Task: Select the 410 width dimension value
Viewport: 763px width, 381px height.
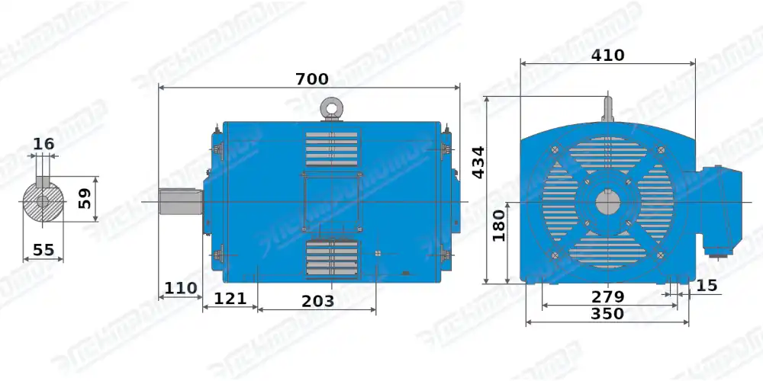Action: point(608,55)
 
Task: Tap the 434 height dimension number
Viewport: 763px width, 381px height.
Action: point(478,162)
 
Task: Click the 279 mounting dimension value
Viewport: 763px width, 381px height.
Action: point(608,296)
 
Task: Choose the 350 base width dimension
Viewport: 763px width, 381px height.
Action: point(607,313)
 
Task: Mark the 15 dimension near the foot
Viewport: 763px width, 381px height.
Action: point(707,285)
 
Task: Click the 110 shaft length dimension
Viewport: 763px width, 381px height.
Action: point(180,288)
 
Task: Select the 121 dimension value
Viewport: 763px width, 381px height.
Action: point(230,298)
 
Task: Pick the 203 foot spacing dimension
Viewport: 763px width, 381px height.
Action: point(317,301)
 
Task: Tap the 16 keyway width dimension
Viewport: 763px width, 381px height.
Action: point(44,144)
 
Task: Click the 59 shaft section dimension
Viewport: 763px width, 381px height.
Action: point(85,199)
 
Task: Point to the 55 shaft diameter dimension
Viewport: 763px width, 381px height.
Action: point(43,249)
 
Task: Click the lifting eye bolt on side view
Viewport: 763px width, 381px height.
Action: point(331,108)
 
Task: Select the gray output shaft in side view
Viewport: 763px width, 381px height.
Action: point(180,202)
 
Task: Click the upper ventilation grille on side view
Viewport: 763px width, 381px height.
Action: point(331,148)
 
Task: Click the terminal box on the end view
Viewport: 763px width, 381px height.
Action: point(716,210)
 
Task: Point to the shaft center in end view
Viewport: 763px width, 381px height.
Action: point(608,203)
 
